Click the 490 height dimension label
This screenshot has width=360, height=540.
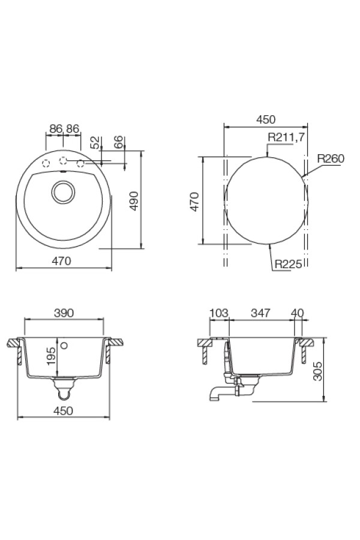click(134, 201)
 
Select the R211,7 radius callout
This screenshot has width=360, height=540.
click(286, 137)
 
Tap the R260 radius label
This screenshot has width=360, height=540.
click(331, 158)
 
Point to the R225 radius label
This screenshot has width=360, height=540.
click(289, 264)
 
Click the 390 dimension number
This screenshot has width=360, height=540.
click(64, 313)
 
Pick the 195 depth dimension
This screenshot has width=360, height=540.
click(50, 356)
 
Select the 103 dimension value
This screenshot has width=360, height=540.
click(219, 313)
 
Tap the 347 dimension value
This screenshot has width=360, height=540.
click(260, 313)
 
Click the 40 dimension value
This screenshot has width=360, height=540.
click(298, 313)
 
